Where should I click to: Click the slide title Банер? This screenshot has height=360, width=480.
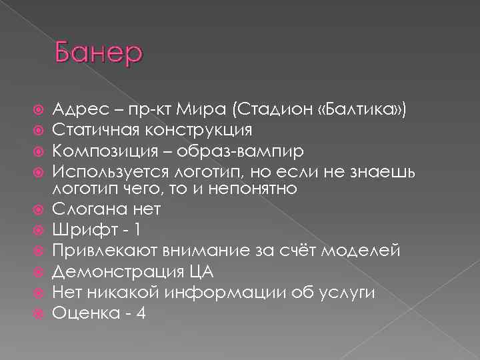[x=99, y=51]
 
